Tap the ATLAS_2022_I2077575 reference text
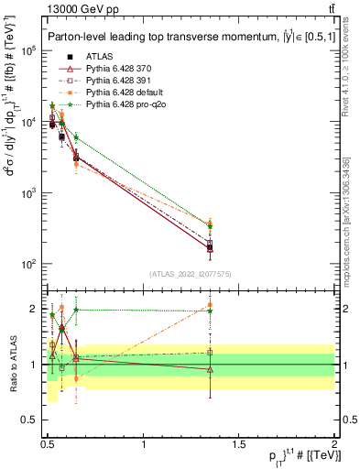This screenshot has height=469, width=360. point(191,274)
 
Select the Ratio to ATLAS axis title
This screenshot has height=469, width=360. point(13,365)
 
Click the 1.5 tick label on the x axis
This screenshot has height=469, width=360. point(239,445)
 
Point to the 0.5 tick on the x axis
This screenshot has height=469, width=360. point(48,445)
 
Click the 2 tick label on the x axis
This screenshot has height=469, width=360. point(334,445)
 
